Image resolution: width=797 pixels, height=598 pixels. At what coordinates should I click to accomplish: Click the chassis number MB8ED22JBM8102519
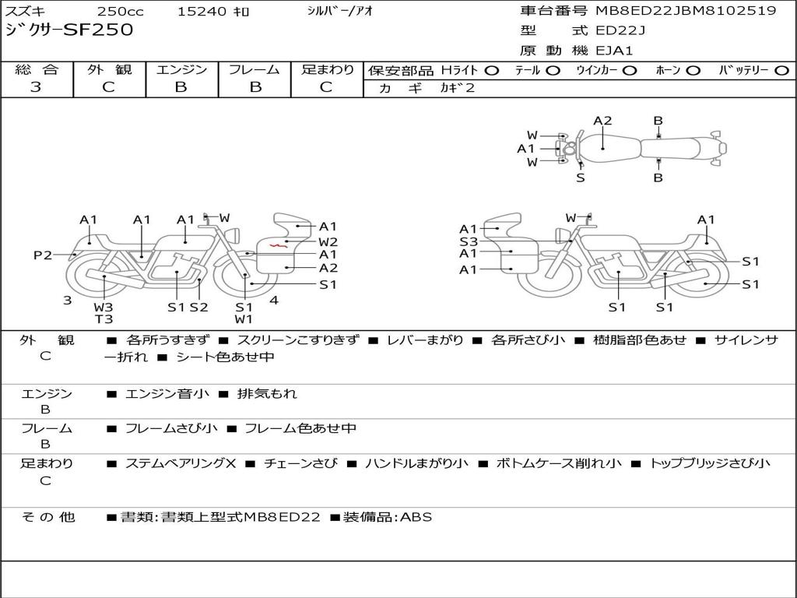pyautogui.click(x=686, y=10)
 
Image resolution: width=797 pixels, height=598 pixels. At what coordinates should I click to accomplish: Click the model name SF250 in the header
pyautogui.click(x=99, y=30)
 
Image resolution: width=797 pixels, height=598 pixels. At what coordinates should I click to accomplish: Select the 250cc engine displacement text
pyautogui.click(x=121, y=11)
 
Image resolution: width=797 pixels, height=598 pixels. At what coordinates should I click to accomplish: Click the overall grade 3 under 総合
pyautogui.click(x=35, y=87)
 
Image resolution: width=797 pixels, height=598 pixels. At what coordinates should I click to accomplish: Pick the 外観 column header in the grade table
pyautogui.click(x=109, y=69)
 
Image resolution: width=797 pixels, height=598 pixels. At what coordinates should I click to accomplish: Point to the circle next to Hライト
pyautogui.click(x=492, y=71)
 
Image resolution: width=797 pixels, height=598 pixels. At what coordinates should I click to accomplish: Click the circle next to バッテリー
pyautogui.click(x=781, y=71)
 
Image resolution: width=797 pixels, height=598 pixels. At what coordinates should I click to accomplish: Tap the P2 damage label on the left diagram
pyautogui.click(x=43, y=255)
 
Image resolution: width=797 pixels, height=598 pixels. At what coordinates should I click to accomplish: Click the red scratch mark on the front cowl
pyautogui.click(x=278, y=246)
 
